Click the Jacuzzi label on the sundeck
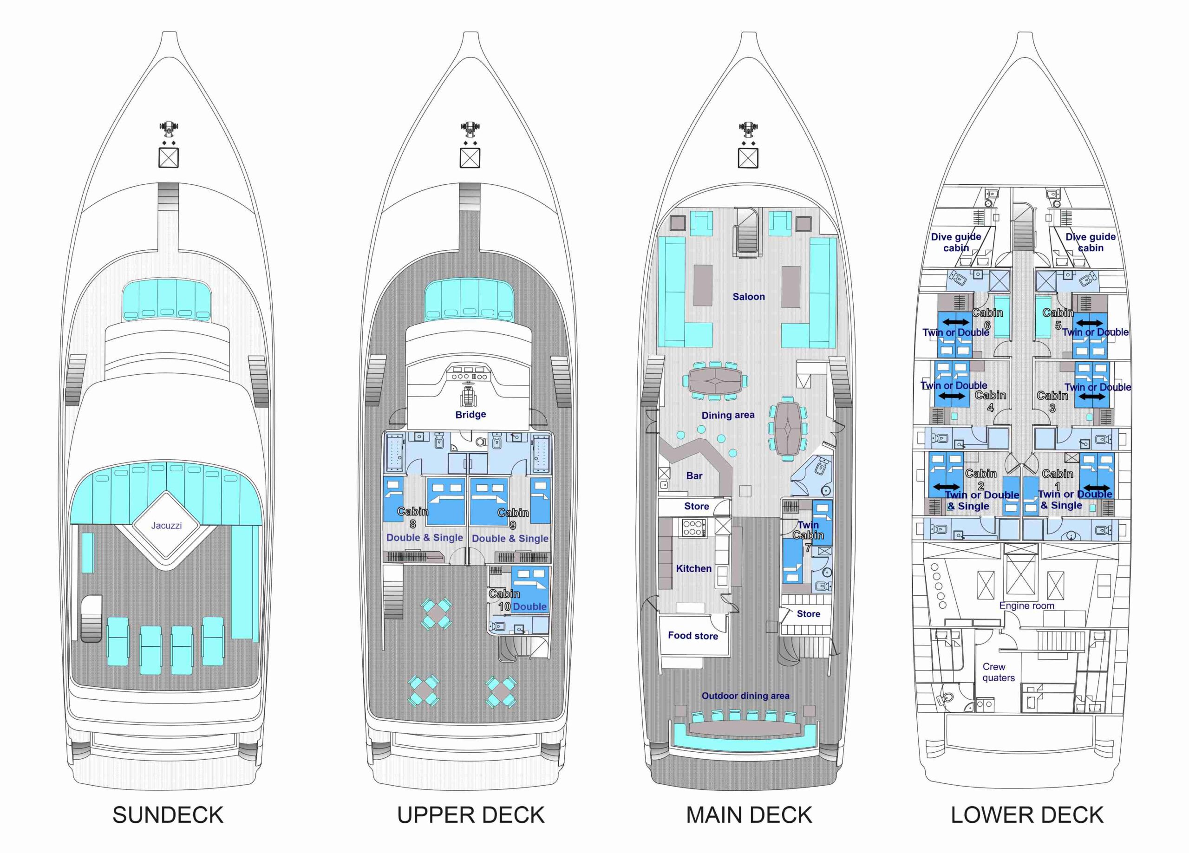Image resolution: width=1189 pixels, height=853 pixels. click(166, 525)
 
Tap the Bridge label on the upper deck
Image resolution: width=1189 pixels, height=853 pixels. click(470, 414)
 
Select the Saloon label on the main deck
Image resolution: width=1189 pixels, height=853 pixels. click(749, 297)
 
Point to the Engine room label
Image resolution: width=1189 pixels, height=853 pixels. click(1026, 606)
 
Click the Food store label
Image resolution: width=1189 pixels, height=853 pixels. click(693, 635)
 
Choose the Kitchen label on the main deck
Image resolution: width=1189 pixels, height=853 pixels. click(693, 568)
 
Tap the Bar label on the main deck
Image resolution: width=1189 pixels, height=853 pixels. click(694, 475)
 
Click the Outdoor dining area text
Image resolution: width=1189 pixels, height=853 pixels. click(745, 696)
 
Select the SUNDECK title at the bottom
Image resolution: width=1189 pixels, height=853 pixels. click(168, 815)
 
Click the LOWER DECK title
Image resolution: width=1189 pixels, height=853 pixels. click(1027, 815)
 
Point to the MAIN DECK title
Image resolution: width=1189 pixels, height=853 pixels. click(749, 815)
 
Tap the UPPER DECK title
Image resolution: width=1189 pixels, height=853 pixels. click(471, 815)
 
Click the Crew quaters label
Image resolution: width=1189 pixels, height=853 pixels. click(998, 672)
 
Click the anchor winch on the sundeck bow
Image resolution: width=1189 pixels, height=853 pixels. click(168, 127)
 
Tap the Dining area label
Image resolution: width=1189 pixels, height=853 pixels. click(728, 415)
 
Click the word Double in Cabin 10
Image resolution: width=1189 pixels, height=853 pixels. click(529, 606)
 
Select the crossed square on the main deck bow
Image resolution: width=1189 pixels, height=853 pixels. click(748, 158)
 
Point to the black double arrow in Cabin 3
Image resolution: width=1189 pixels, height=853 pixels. click(1091, 397)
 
